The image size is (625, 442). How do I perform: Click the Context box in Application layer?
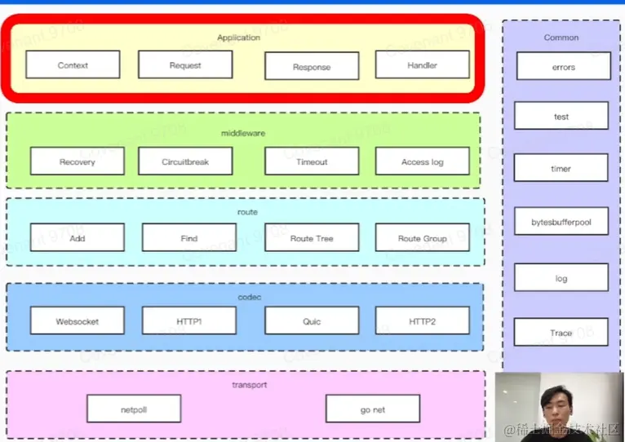tap(73, 65)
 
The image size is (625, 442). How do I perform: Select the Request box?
tap(185, 65)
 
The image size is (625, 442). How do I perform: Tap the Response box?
tap(312, 67)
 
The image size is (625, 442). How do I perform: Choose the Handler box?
tap(422, 65)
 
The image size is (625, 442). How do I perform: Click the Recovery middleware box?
tap(78, 161)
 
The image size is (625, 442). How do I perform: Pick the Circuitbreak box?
tap(185, 161)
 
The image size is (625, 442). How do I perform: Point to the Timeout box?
tap(312, 161)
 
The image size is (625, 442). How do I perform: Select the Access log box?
tap(422, 161)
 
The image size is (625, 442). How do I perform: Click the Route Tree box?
tap(312, 238)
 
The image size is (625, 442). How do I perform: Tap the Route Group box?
tap(422, 238)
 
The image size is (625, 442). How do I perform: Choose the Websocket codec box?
tap(78, 321)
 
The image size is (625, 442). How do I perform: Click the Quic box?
tap(312, 321)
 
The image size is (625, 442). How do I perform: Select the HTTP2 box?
tap(422, 321)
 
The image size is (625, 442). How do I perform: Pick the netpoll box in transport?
tap(134, 409)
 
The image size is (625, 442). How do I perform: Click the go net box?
tap(372, 409)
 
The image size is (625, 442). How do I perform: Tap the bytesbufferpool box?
tap(561, 222)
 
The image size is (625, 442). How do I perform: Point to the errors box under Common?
tap(563, 67)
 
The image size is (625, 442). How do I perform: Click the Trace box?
tap(561, 333)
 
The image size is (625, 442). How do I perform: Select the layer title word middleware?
tap(243, 133)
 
